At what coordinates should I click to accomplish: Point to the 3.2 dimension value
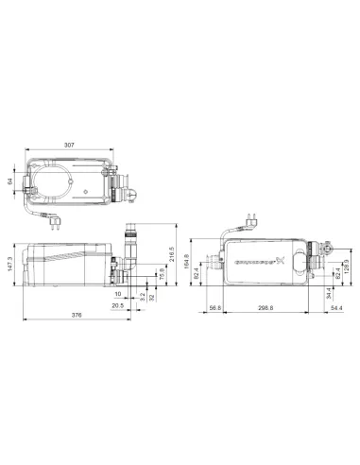pos(142,297)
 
